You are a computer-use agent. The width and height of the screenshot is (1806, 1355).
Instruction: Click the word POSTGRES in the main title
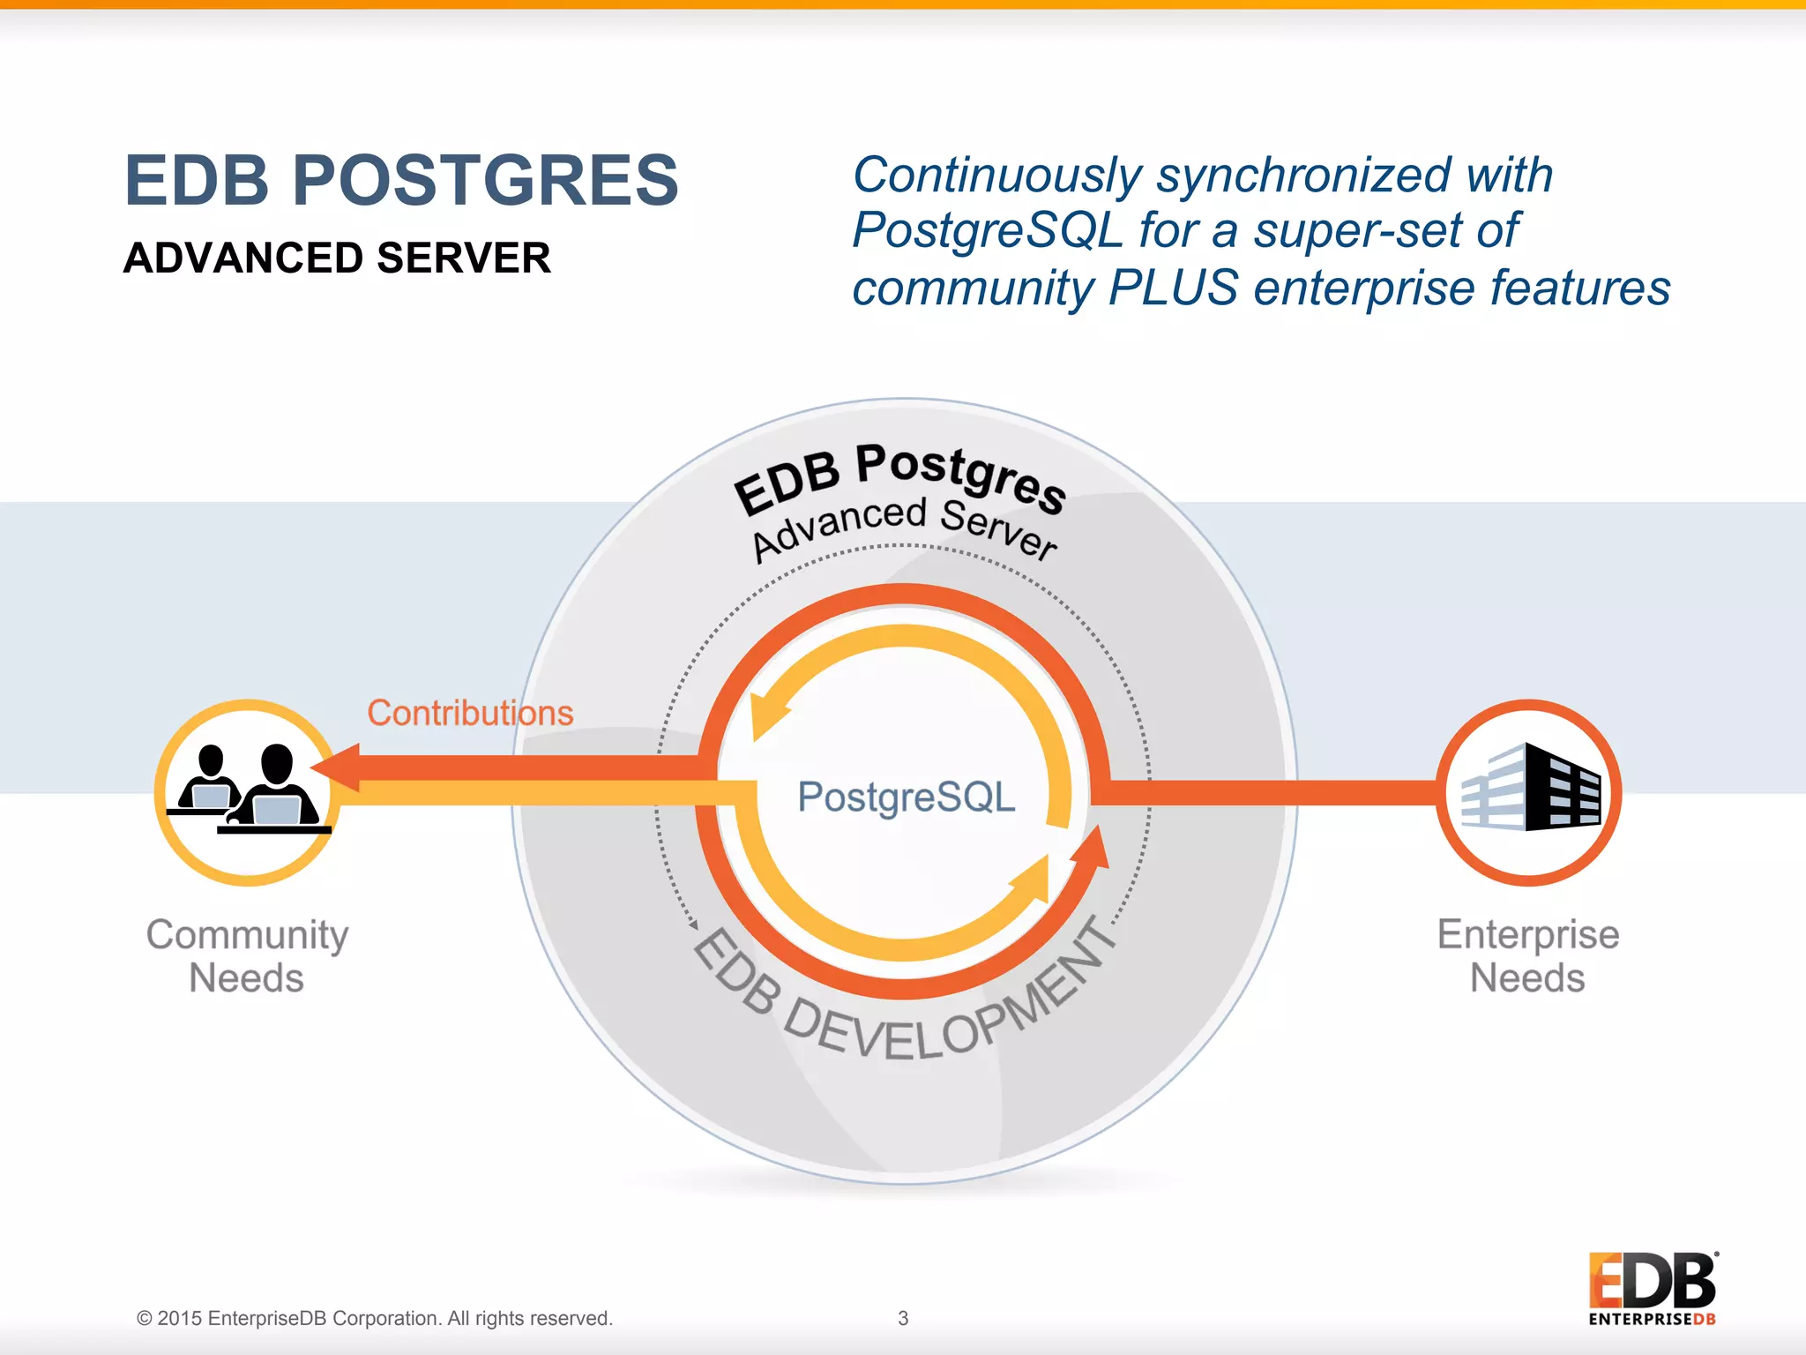coord(485,181)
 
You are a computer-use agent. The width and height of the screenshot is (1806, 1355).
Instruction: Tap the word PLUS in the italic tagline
coord(1173,288)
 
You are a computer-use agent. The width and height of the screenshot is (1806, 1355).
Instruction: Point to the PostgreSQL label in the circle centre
coord(906,797)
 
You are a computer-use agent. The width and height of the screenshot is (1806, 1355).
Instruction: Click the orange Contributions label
coord(470,713)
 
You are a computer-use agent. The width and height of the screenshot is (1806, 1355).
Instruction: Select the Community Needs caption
coord(247,956)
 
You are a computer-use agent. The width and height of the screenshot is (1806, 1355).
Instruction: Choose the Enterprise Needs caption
coord(1528,956)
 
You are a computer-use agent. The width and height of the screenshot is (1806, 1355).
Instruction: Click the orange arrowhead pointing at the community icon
coord(337,767)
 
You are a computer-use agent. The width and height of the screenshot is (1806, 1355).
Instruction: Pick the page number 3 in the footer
coord(903,1318)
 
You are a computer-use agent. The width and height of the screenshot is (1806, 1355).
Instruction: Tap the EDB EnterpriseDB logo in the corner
coord(1652,1288)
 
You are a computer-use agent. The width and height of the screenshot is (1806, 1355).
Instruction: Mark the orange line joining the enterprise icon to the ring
coord(1270,792)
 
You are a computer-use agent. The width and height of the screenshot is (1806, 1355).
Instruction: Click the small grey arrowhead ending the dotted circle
coord(693,925)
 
